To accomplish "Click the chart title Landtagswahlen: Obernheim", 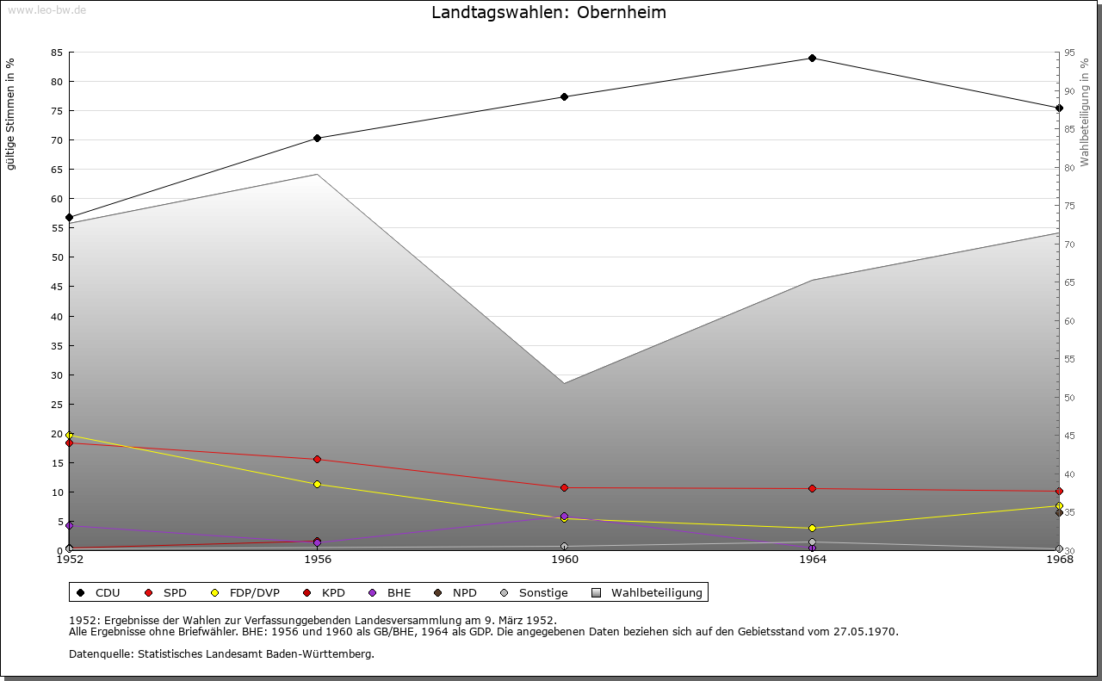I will (548, 13).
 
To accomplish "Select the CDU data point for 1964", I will (812, 58).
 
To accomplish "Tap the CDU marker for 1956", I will (317, 138).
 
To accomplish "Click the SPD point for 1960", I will (564, 487).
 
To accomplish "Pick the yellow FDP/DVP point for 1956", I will (317, 484).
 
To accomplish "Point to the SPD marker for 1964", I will (812, 488).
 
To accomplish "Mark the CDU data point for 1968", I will (1059, 108).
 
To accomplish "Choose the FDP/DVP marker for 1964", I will (812, 528).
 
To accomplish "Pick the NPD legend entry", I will (464, 592).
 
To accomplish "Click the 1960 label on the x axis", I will (565, 560).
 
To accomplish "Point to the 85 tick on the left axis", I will (56, 53).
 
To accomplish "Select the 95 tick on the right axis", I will (1068, 53).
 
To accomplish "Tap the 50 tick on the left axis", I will (56, 257).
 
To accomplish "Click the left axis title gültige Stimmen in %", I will (11, 114).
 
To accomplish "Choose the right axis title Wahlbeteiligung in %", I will (1085, 112).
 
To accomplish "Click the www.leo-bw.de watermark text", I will (46, 9).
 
